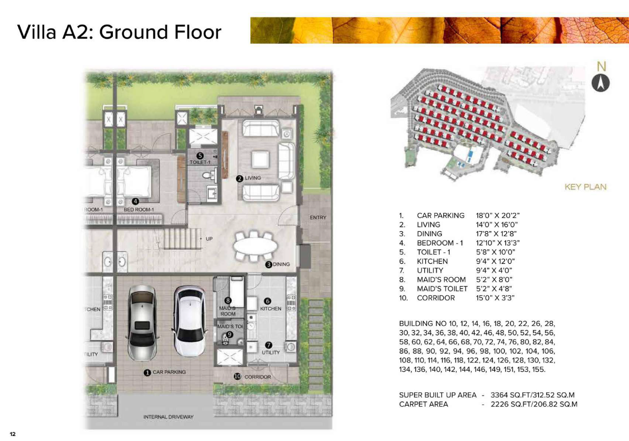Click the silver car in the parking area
[142, 323]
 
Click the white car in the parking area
[190, 321]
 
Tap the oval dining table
[255, 247]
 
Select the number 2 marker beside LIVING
[239, 179]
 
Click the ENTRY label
[318, 217]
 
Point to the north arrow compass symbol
[600, 83]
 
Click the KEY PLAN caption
[585, 187]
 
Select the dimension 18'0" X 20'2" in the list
[497, 216]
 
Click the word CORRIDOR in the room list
[436, 298]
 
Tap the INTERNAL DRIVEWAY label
[168, 417]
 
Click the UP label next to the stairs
[209, 239]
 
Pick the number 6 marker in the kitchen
[267, 301]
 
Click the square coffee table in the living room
[260, 159]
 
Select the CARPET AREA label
[423, 404]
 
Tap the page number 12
[13, 434]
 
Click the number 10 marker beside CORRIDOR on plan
[237, 376]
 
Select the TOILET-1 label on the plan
[200, 162]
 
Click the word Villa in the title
[37, 32]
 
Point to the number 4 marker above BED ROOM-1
[135, 201]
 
